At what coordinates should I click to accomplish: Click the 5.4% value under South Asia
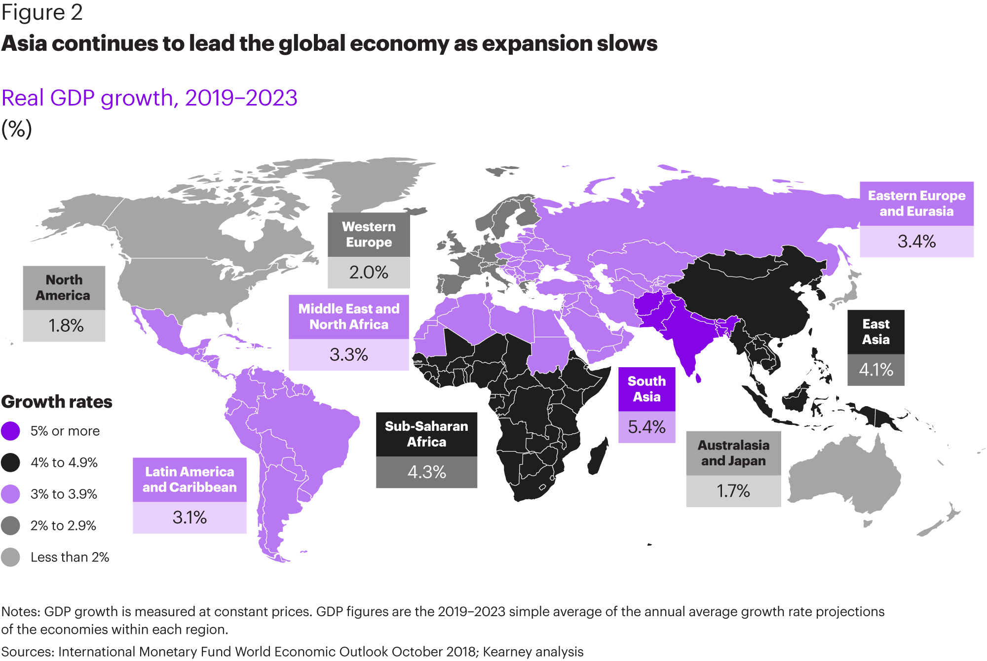[x=646, y=427]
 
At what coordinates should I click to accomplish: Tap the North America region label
[x=64, y=288]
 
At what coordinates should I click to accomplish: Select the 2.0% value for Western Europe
[x=369, y=272]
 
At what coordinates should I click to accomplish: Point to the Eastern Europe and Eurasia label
[x=916, y=204]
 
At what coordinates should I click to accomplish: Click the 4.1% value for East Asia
[x=876, y=370]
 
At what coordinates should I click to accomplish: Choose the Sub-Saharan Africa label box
[x=426, y=434]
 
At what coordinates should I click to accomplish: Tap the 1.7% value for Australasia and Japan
[x=733, y=491]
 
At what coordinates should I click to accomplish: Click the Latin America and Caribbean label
[x=190, y=480]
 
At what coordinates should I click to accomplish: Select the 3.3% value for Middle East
[x=348, y=354]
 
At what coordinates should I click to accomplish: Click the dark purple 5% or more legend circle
[x=10, y=431]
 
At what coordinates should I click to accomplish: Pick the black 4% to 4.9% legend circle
[x=10, y=462]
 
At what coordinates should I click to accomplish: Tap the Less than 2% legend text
[x=70, y=557]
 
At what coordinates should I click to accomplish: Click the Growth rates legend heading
[x=57, y=402]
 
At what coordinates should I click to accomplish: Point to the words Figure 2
[x=42, y=12]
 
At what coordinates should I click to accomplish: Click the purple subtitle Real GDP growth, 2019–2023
[x=150, y=98]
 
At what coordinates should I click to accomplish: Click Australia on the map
[x=844, y=478]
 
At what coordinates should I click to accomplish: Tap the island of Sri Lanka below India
[x=698, y=378]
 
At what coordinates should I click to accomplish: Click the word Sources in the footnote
[x=28, y=652]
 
